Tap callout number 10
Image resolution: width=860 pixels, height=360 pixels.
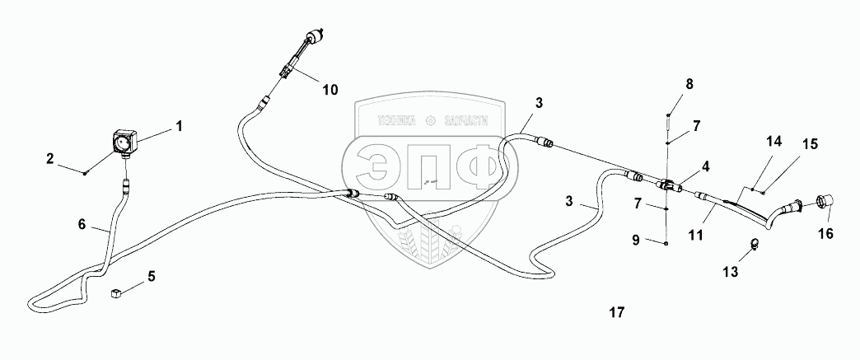click(x=330, y=90)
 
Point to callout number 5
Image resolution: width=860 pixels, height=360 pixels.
click(x=151, y=277)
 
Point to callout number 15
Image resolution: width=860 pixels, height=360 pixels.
click(x=810, y=143)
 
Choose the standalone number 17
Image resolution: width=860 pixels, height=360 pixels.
click(x=616, y=313)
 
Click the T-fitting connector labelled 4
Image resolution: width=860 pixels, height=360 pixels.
click(x=668, y=185)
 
